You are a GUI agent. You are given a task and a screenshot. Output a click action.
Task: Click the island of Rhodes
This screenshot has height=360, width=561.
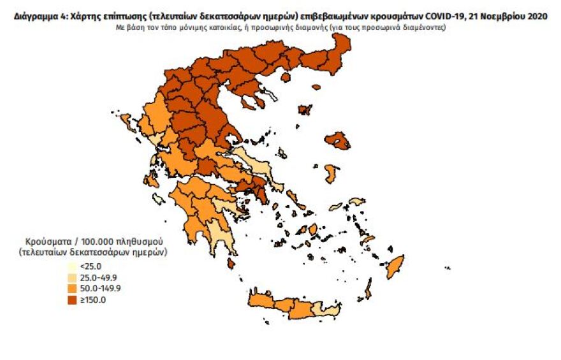point(394,266)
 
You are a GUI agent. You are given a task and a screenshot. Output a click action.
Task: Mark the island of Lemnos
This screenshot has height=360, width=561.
point(305,110)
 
